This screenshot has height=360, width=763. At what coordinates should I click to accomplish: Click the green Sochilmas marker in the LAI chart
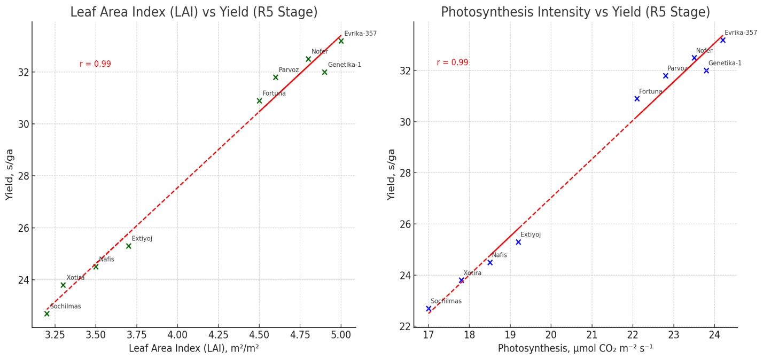(x=47, y=314)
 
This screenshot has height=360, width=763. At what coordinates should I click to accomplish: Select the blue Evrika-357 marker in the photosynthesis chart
(x=723, y=40)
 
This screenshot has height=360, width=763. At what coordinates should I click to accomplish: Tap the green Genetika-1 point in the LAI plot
(x=324, y=72)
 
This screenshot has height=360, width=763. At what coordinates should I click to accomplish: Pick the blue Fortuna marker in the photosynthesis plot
(x=637, y=99)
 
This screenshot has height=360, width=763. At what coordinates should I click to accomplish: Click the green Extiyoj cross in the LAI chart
(x=129, y=246)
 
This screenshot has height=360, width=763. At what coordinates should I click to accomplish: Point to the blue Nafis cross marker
(x=490, y=263)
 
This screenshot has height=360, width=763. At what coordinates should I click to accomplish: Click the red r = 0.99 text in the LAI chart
(x=95, y=64)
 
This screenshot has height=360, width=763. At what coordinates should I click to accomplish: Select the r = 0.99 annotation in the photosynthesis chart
(x=452, y=62)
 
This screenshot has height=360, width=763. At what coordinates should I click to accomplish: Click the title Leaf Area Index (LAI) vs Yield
(x=194, y=12)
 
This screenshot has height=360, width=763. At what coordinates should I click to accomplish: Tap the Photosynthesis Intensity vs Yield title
(x=575, y=12)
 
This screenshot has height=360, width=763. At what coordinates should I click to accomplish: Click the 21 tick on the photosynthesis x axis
(x=591, y=335)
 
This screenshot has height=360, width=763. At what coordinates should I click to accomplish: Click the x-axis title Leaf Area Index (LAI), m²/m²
(x=194, y=349)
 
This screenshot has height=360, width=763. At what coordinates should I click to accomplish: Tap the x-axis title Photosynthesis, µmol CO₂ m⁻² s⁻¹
(x=575, y=349)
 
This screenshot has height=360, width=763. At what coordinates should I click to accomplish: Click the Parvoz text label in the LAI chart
(x=289, y=70)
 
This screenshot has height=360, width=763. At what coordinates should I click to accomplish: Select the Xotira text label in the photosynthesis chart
(x=472, y=273)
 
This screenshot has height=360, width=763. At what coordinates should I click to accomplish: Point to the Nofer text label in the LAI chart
(x=320, y=52)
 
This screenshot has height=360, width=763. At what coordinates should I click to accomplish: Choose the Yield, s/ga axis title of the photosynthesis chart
(x=392, y=174)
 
